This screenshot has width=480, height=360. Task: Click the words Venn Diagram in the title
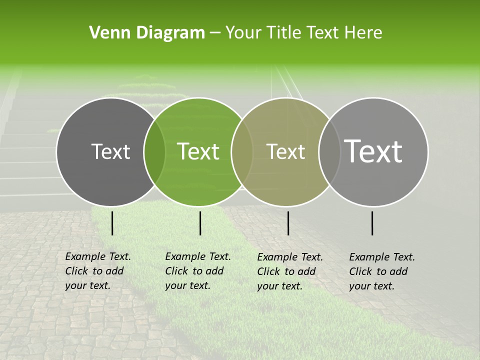click(147, 33)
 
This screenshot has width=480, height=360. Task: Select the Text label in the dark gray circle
click(110, 151)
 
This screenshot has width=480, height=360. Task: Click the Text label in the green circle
click(198, 151)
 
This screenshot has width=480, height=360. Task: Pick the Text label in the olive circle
click(286, 151)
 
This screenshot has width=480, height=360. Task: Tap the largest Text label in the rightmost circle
click(373, 151)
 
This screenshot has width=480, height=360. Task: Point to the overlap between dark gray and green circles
click(154, 151)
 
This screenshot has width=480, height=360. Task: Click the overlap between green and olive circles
click(242, 151)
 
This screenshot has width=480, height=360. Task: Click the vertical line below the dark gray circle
click(112, 223)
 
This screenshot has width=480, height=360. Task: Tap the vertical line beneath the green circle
click(200, 223)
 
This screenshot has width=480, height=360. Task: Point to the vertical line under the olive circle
click(288, 223)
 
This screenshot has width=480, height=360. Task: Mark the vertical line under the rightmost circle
click(372, 223)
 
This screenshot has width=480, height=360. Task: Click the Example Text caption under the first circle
click(97, 271)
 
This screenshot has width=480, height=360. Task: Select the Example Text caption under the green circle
click(197, 271)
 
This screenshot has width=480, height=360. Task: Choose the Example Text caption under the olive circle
click(289, 271)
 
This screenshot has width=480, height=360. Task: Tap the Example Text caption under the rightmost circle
click(381, 271)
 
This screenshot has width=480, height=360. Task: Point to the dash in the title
click(215, 33)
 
